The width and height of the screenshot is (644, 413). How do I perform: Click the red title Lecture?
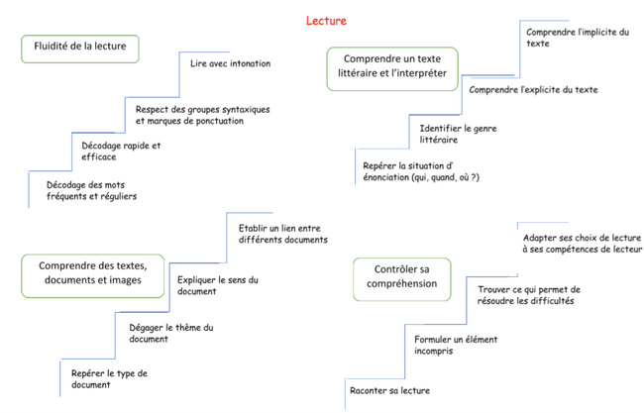click(x=326, y=21)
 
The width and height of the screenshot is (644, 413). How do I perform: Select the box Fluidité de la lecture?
click(x=80, y=49)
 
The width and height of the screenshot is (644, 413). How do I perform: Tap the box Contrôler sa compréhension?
click(x=401, y=279)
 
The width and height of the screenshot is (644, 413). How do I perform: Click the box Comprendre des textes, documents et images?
click(x=93, y=276)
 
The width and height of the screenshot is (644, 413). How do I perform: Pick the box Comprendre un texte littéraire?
click(x=392, y=69)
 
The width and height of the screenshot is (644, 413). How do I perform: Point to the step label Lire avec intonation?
click(x=231, y=63)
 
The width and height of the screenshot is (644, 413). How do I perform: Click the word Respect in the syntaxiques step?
click(x=151, y=110)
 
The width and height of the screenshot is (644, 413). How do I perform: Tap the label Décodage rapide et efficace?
click(x=121, y=152)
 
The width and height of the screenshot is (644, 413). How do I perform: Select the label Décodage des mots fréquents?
click(x=91, y=190)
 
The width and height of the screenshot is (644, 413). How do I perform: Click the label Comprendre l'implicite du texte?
click(x=578, y=38)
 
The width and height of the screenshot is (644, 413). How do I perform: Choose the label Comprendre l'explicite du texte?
click(x=533, y=90)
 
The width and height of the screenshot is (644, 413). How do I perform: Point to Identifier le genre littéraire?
click(x=458, y=135)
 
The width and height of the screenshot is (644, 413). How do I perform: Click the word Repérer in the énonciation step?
click(x=377, y=165)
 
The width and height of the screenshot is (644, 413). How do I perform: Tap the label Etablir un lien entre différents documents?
click(x=283, y=234)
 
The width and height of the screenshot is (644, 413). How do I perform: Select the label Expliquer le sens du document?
click(x=218, y=286)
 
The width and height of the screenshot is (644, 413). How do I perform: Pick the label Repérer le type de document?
click(x=109, y=379)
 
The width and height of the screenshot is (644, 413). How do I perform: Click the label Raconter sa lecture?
click(x=389, y=390)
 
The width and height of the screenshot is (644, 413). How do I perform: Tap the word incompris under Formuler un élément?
click(x=434, y=351)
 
